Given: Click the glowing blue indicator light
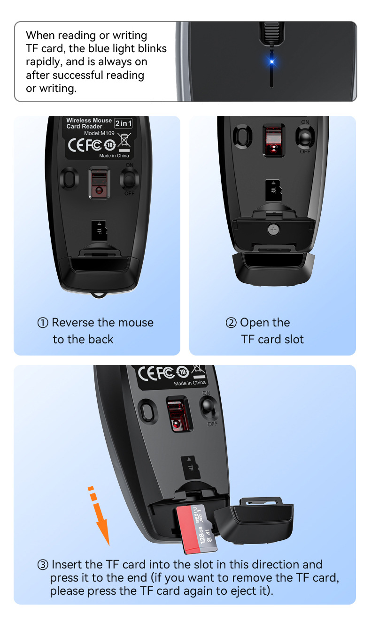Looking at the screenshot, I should tap(271, 61).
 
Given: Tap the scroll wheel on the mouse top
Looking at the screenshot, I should tap(271, 32).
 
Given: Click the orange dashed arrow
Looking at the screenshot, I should tap(100, 516).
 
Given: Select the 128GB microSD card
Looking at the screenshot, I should tap(197, 528).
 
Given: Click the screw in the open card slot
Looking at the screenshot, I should tap(273, 229).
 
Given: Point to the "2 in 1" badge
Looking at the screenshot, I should tap(124, 123).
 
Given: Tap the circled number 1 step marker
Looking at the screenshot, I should tap(43, 323).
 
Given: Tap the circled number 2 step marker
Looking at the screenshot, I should tap(231, 323).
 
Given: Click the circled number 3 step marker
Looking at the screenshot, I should tap(43, 565).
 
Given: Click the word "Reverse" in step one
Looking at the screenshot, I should tap(73, 323).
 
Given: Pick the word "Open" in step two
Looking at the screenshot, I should tap(254, 323).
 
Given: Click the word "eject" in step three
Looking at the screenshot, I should tap(240, 591).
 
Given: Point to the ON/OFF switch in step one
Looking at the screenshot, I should tap(129, 179).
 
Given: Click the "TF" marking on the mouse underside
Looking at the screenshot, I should tap(191, 467).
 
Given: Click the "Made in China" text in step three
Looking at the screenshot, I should tap(190, 383).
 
